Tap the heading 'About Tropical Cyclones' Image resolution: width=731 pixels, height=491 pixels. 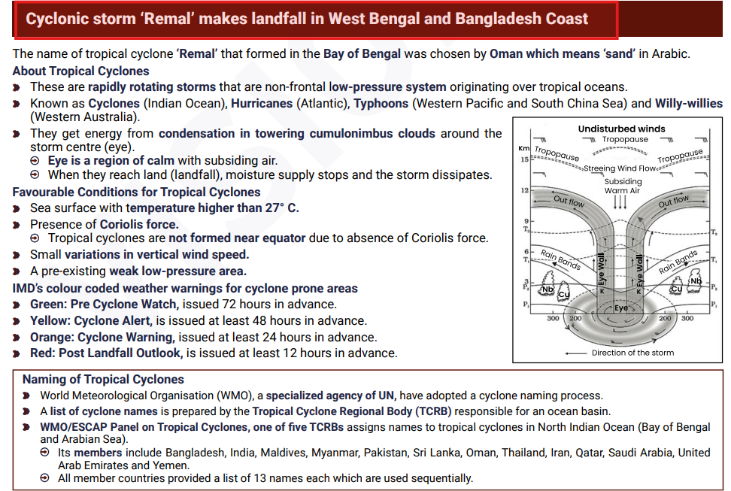pos(80,71)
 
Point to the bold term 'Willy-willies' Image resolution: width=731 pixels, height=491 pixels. pos(688,103)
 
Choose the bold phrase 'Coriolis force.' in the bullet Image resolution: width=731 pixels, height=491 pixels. pos(139,223)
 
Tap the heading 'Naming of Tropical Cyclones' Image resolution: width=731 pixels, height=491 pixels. pos(103,380)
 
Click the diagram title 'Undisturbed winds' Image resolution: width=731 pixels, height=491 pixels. pos(621,129)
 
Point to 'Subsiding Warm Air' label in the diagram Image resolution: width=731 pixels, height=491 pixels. pos(623,186)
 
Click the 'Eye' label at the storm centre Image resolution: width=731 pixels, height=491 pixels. pos(621,308)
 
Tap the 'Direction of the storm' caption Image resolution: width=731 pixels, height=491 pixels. pos(632,353)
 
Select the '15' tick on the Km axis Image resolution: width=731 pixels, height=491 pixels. pos(523,159)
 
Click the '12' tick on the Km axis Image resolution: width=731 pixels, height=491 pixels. pos(523,191)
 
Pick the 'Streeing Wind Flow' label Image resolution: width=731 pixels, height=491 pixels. pos(620,168)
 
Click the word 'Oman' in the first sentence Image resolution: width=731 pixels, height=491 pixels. pos(505,54)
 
